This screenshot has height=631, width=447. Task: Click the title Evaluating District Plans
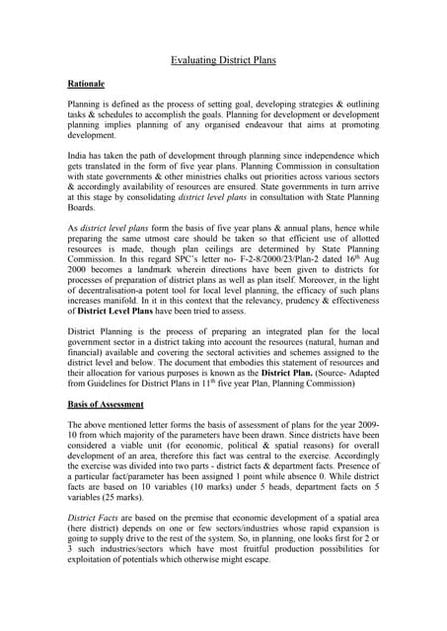click(x=223, y=61)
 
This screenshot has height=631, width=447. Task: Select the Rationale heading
click(x=87, y=86)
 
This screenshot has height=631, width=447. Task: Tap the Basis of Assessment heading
click(x=110, y=404)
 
